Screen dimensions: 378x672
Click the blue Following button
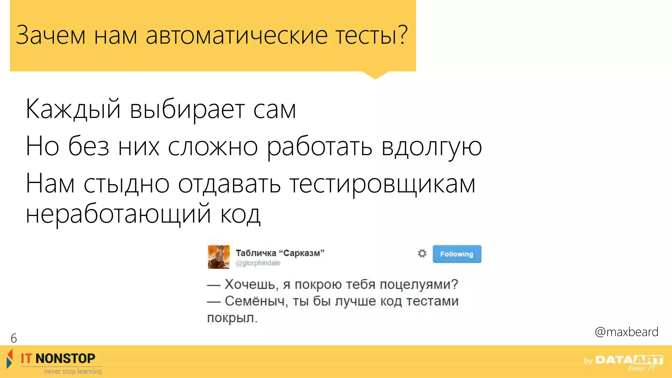[x=457, y=254]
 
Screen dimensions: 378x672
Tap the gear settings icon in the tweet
[x=422, y=253]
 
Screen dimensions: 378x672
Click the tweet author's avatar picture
[x=219, y=257]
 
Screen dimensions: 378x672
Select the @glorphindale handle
[x=258, y=263]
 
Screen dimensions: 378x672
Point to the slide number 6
[x=14, y=338]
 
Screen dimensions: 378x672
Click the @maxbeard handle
[x=626, y=332]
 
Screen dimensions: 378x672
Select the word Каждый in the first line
[x=73, y=110]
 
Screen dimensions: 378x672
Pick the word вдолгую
[x=431, y=147]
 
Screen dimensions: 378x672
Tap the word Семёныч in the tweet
[x=255, y=301]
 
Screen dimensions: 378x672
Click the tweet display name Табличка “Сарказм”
[x=280, y=253]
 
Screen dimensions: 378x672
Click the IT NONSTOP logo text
[x=58, y=358]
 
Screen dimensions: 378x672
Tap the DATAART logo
[x=629, y=360]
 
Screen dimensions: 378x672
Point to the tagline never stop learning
[x=73, y=371]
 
